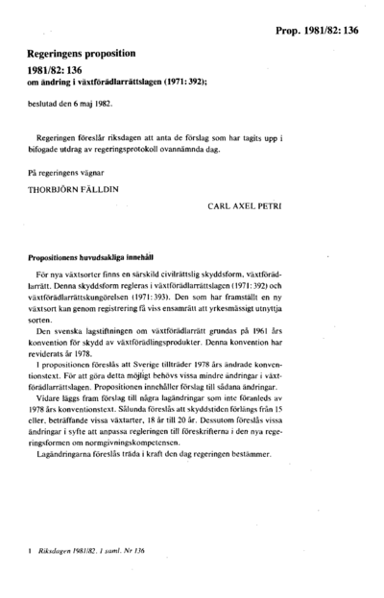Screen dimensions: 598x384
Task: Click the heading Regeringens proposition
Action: pos(84,57)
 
